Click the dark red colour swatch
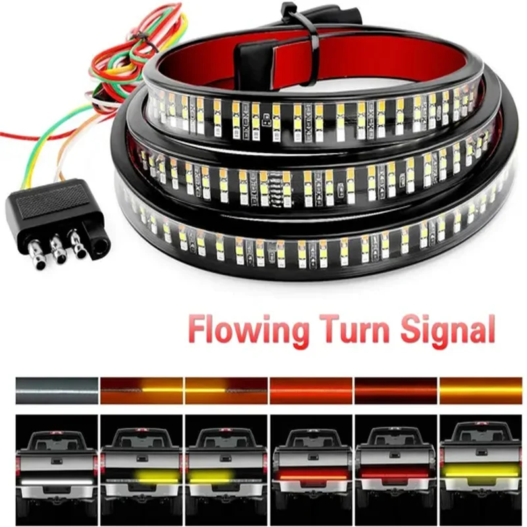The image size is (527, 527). [x=395, y=390]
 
